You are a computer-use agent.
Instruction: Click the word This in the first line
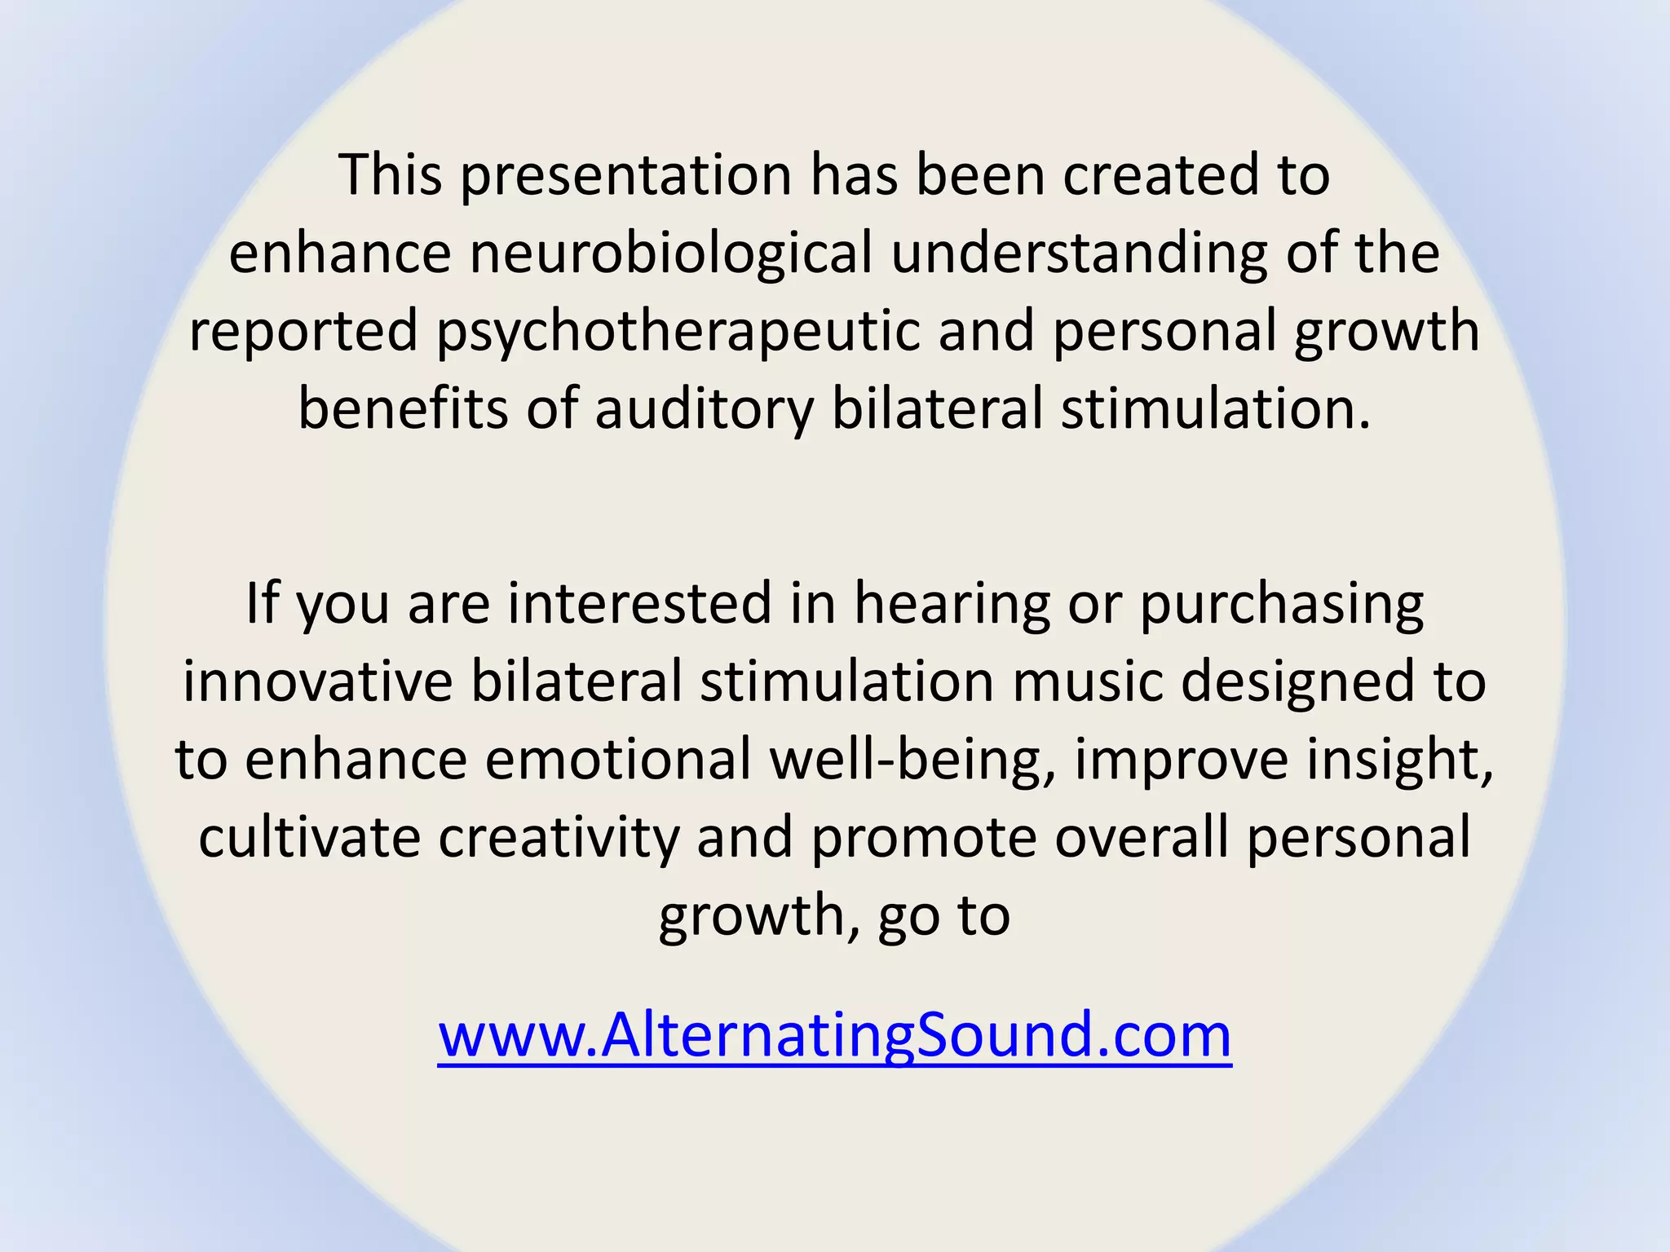pyautogui.click(x=391, y=175)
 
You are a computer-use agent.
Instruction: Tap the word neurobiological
pyautogui.click(x=671, y=253)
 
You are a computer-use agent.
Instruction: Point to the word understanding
pyautogui.click(x=1079, y=253)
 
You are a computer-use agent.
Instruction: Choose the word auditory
pyautogui.click(x=704, y=409)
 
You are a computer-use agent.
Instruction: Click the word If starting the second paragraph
pyautogui.click(x=261, y=603)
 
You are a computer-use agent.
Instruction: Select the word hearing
pyautogui.click(x=952, y=605)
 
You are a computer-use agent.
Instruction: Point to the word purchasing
pyautogui.click(x=1281, y=605)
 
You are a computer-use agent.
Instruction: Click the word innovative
pyautogui.click(x=317, y=681)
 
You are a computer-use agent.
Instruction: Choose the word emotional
pyautogui.click(x=618, y=760)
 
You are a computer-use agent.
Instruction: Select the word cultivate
pyautogui.click(x=309, y=838)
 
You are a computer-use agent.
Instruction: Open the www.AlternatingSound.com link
pyautogui.click(x=834, y=1035)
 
